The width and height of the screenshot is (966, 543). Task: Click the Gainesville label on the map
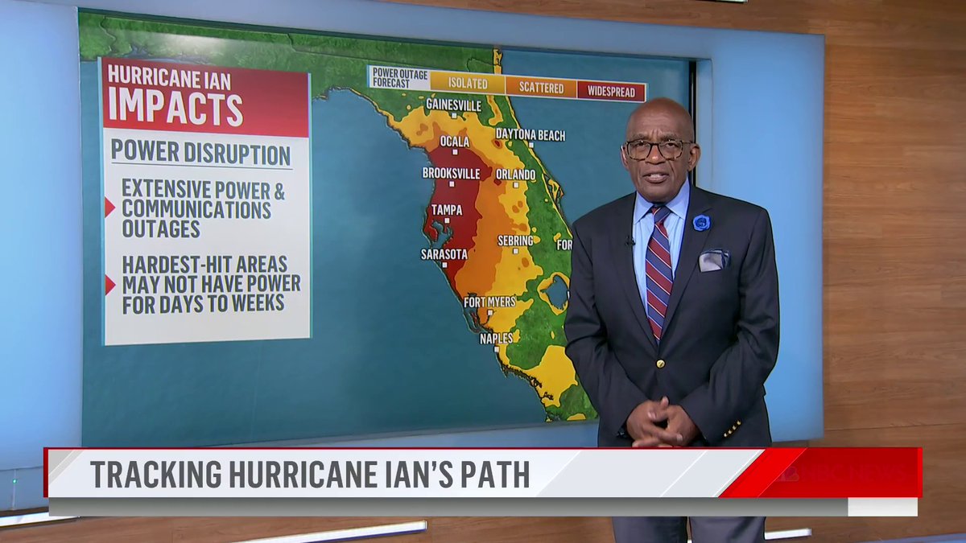click(453, 105)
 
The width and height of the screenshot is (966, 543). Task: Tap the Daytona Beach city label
click(530, 134)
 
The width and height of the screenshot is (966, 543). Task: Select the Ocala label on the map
click(455, 142)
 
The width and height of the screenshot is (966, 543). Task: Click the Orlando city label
click(515, 175)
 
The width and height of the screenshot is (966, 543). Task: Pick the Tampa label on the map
click(446, 210)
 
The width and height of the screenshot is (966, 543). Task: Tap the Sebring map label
click(515, 241)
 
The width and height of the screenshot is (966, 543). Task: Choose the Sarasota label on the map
click(444, 254)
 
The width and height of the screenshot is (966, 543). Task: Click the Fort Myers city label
click(489, 302)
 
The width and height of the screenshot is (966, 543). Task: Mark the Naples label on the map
click(496, 339)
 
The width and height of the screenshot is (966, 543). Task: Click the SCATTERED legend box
click(541, 88)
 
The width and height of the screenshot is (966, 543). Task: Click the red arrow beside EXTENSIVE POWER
click(109, 208)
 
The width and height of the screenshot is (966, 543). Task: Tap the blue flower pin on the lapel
click(701, 223)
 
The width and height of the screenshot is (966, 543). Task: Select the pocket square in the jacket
click(713, 260)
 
